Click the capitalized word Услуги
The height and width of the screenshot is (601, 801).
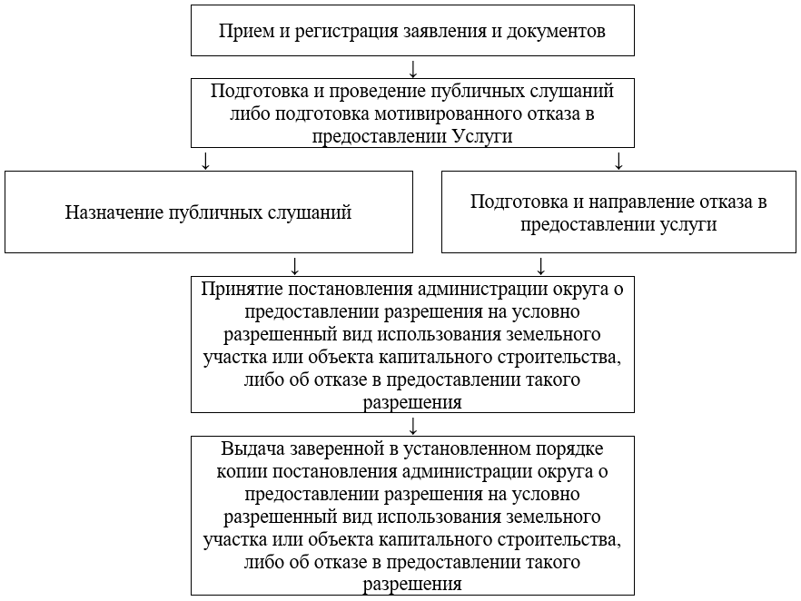(x=481, y=136)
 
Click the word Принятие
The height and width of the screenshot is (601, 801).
(x=242, y=290)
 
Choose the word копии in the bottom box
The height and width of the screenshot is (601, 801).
(x=242, y=472)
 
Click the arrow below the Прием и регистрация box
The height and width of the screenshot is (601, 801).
(x=413, y=69)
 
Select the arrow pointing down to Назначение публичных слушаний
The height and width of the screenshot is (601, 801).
(x=205, y=161)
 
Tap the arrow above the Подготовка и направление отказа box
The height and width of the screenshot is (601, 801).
(x=618, y=161)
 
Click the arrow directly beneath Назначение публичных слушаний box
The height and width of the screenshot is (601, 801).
(x=293, y=266)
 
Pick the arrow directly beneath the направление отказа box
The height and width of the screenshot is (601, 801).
(x=541, y=266)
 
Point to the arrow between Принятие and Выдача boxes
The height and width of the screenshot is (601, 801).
(x=413, y=426)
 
